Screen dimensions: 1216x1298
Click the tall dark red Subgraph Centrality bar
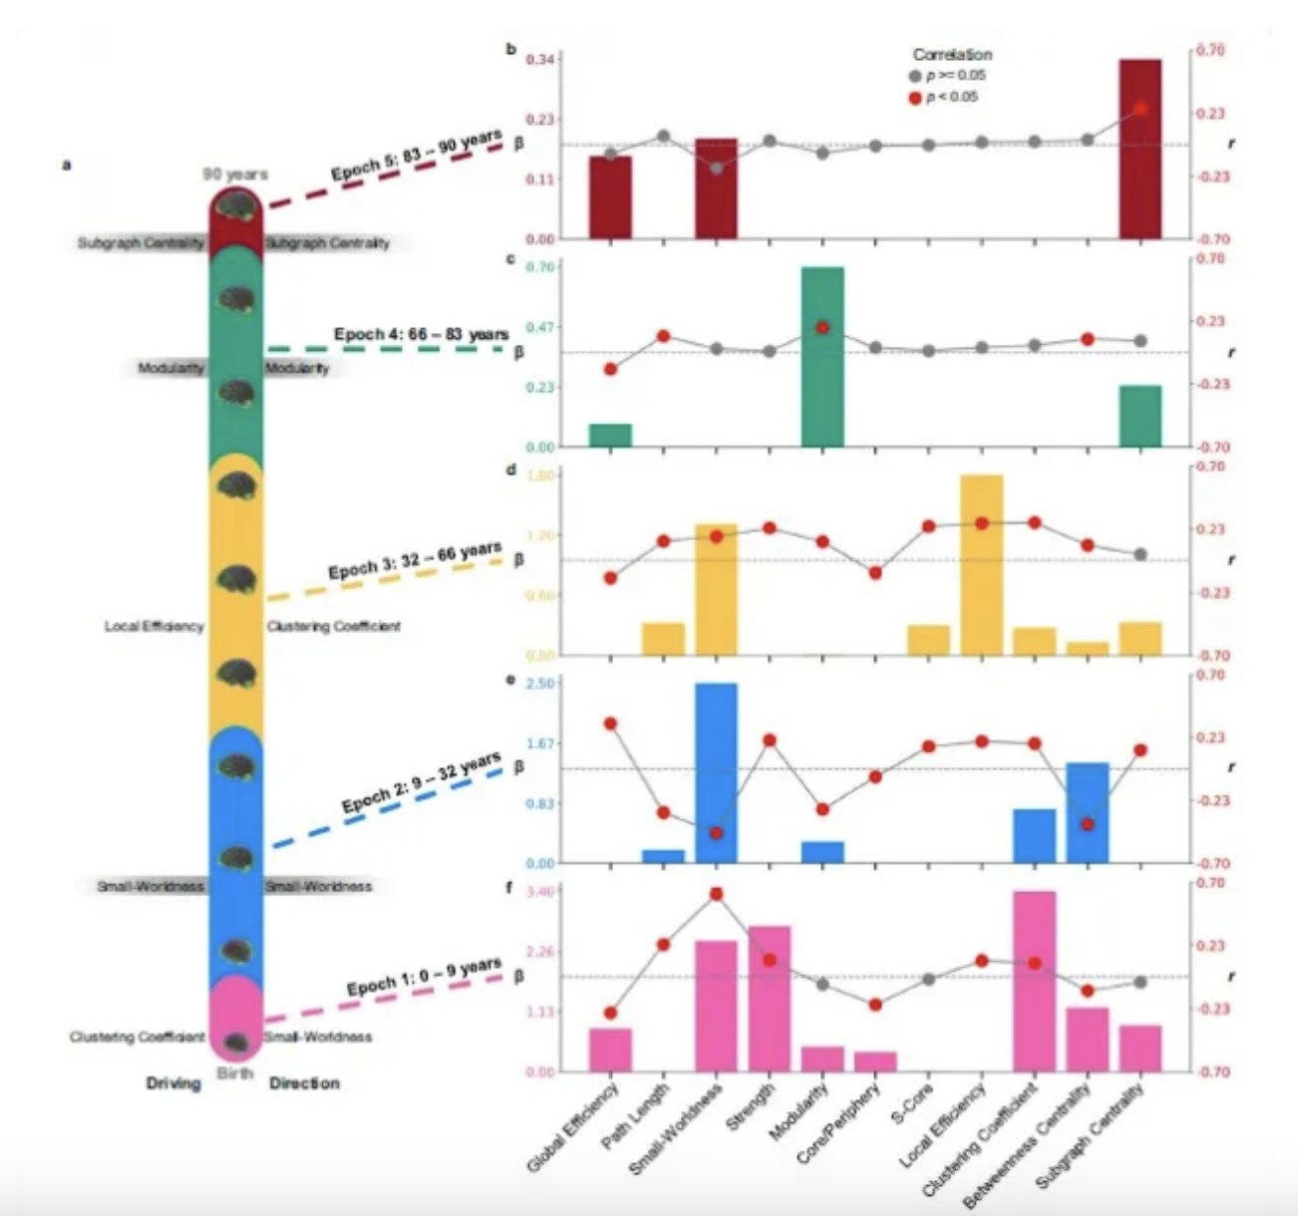(1139, 150)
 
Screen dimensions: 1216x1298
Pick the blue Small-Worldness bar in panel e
(716, 772)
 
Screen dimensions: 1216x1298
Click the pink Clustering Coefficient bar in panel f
(1034, 981)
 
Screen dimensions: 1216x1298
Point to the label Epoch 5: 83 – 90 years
(416, 157)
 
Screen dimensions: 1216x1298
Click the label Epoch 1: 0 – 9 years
(424, 978)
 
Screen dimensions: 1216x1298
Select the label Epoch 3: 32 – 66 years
(414, 560)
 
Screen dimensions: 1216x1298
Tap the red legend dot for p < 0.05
(915, 98)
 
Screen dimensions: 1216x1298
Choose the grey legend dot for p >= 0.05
(915, 76)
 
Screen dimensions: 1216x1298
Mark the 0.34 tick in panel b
(539, 60)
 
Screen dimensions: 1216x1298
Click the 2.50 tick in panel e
(539, 683)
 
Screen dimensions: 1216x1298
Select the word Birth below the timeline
(235, 1073)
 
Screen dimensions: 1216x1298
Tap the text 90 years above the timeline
(235, 173)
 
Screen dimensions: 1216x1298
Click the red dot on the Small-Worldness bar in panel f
(716, 894)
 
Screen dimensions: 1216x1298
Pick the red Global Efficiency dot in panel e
(610, 724)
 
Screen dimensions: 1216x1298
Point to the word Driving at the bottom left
(173, 1083)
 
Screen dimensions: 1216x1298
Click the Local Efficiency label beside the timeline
(154, 627)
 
